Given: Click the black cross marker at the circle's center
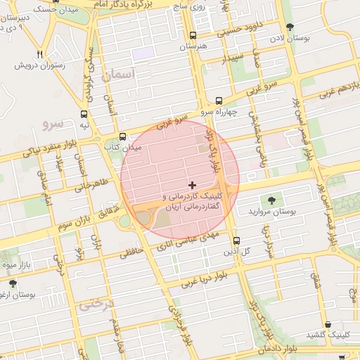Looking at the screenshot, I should coord(193,184).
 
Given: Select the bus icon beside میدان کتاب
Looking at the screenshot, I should coord(123,136).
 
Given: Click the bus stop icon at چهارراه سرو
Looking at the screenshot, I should coord(219,101).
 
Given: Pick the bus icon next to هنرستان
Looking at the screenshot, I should coord(193,35).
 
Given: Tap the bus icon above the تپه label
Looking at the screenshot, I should coord(84,114).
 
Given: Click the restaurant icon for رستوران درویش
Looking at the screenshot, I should coord(40,54).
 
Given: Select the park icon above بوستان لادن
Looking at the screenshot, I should coord(290,27).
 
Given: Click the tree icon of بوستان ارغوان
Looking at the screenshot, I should coord(13,283).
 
